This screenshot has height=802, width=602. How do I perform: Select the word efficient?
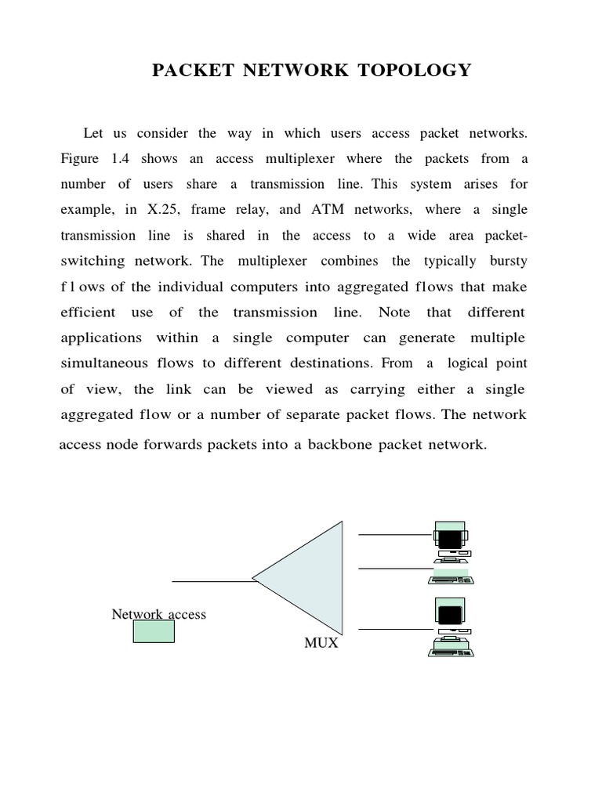(x=88, y=312)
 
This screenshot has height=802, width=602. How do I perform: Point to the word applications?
(x=101, y=338)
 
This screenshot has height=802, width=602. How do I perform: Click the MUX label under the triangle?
(x=321, y=644)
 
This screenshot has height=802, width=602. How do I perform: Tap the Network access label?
(x=159, y=614)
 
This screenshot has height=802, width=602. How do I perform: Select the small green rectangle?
(x=154, y=631)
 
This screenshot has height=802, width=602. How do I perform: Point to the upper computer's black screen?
(x=449, y=539)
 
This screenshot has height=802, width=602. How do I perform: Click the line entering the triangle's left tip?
(x=212, y=581)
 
